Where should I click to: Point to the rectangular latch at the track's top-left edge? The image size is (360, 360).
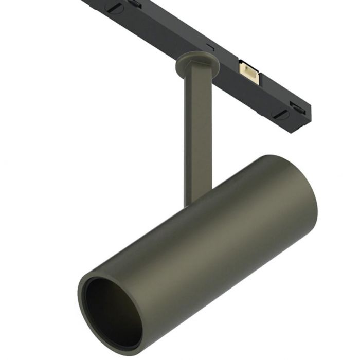click(x=135, y=3)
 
